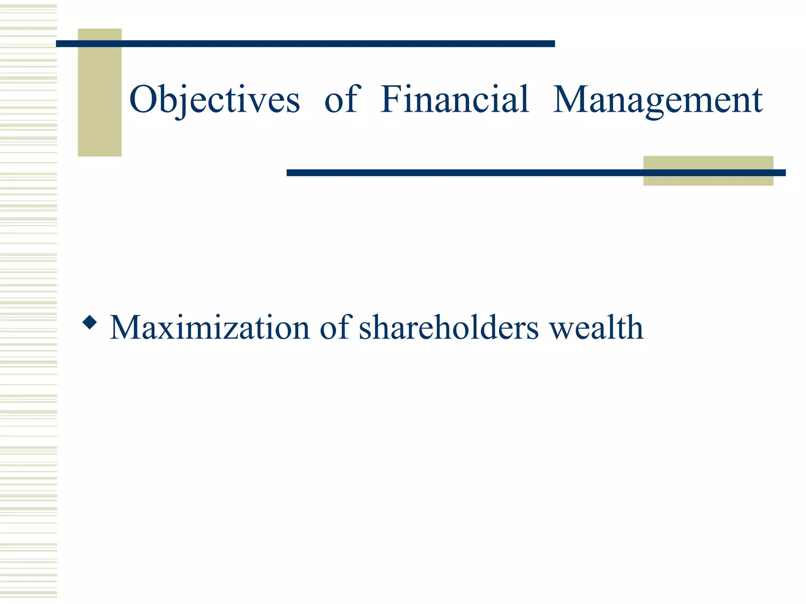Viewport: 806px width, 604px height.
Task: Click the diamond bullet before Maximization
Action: click(x=90, y=322)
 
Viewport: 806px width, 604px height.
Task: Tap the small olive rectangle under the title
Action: click(x=708, y=179)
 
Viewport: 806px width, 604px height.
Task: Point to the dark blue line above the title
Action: click(x=305, y=44)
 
